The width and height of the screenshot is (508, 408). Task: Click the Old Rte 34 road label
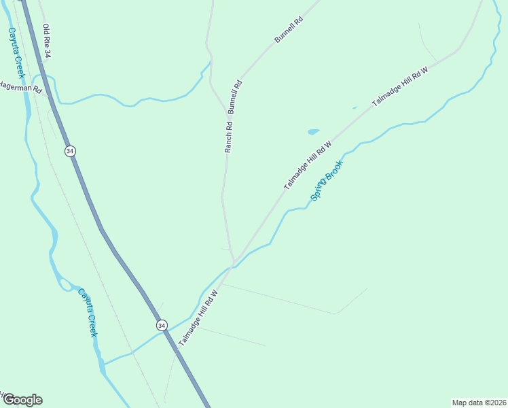[x=47, y=41]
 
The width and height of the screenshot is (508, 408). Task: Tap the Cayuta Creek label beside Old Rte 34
[x=16, y=52]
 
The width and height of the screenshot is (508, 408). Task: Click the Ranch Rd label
[x=229, y=136]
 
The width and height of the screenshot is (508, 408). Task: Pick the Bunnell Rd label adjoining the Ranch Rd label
[x=235, y=97]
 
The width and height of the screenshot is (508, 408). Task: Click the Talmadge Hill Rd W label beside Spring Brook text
[x=308, y=165]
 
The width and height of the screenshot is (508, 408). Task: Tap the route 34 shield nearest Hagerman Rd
[x=70, y=151]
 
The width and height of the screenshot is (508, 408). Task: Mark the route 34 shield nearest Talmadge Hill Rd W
[x=161, y=326]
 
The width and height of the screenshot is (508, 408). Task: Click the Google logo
[x=22, y=400]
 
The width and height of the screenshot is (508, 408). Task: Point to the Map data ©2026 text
[x=478, y=403]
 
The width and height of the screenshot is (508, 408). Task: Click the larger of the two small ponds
[x=313, y=132]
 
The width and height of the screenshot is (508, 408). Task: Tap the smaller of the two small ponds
[x=354, y=107]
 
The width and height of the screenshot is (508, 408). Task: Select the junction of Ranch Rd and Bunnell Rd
[x=227, y=111]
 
